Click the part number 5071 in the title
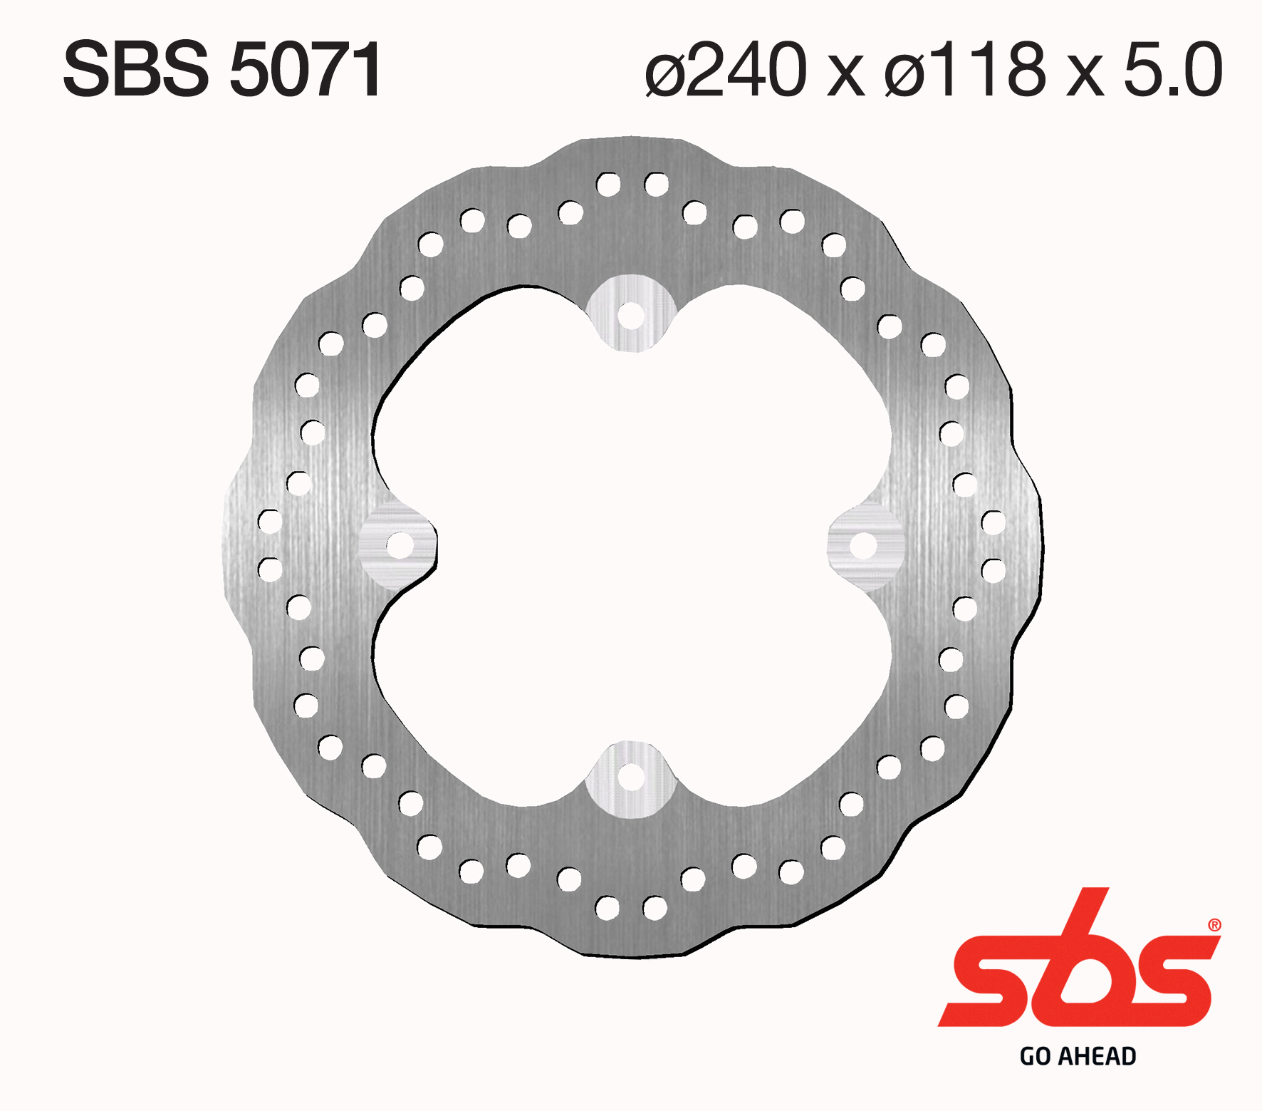[x=306, y=69]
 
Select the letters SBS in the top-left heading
[x=135, y=69]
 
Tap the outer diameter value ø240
[x=726, y=69]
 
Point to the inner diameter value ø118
[x=965, y=69]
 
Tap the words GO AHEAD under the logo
[x=1078, y=1056]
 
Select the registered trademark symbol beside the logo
[x=1214, y=926]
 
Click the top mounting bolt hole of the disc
[x=630, y=315]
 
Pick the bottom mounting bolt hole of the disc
[x=630, y=777]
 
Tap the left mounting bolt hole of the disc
[x=400, y=546]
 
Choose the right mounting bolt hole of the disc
[x=863, y=546]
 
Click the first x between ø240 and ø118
[x=845, y=75]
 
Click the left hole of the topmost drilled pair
[x=608, y=185]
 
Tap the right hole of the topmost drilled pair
[x=656, y=185]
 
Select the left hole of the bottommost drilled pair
[x=607, y=908]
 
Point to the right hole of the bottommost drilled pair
[x=655, y=908]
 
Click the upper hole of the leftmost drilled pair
[x=269, y=522]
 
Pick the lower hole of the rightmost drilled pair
[x=993, y=570]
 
